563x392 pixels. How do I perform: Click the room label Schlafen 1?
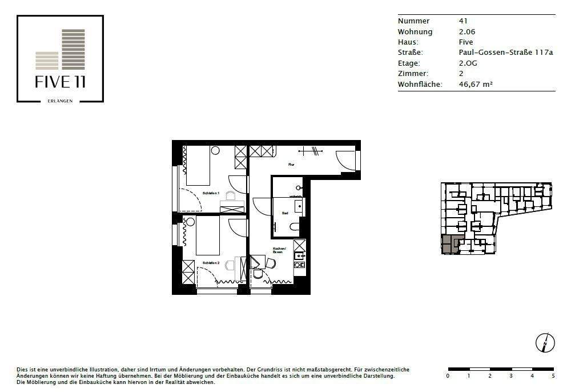pos(211,194)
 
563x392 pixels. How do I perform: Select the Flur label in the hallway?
pos(291,164)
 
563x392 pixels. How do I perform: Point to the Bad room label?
pos(285,213)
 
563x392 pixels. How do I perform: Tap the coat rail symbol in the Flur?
pos(312,151)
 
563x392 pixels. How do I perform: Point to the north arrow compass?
pos(545,343)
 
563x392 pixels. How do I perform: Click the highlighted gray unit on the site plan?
pos(450,244)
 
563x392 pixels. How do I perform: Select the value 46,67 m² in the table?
pos(476,84)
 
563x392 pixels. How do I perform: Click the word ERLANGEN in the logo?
pos(60,101)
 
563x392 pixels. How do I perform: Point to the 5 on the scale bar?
pos(553,375)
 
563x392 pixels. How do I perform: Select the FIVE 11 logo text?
pos(60,82)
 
